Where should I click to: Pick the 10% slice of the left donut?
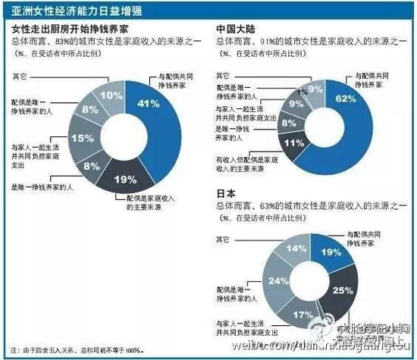[112, 95]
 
